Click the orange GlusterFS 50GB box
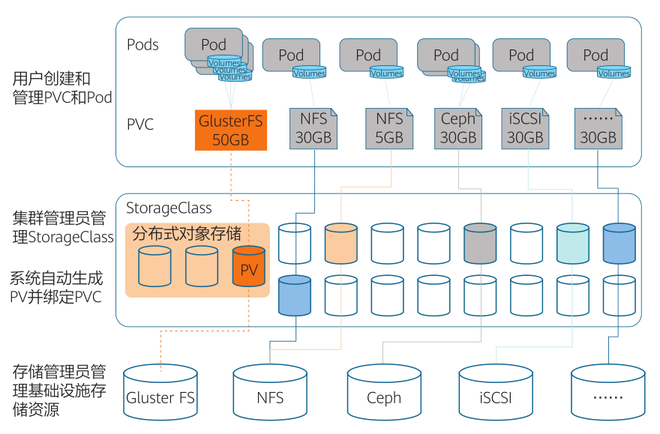tap(230, 130)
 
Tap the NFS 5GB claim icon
tap(389, 128)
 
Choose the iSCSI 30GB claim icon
tap(525, 128)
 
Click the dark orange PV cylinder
tap(249, 267)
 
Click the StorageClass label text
tap(169, 208)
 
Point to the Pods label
tap(142, 45)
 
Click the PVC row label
tap(140, 124)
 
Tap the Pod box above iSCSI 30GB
tap(521, 55)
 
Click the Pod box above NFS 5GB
tap(367, 55)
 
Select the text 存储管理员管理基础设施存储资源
tap(58, 391)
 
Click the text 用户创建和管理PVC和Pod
tap(62, 88)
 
